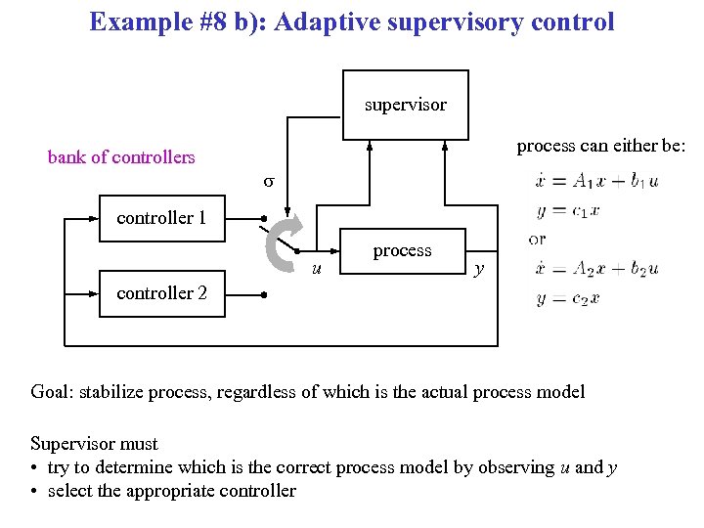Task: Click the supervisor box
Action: point(405,105)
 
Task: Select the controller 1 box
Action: point(161,218)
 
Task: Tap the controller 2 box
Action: point(161,292)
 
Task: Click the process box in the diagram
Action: point(402,251)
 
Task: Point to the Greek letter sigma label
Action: point(269,182)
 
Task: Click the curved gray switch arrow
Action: point(284,242)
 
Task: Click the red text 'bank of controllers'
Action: point(121,156)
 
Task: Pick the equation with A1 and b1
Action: point(596,180)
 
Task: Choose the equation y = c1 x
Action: point(568,209)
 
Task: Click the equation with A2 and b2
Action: point(596,269)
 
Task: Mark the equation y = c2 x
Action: point(568,298)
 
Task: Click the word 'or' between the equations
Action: point(537,239)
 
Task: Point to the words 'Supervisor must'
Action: point(94,443)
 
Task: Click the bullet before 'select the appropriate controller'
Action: point(35,491)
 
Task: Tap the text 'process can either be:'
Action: point(601,146)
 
